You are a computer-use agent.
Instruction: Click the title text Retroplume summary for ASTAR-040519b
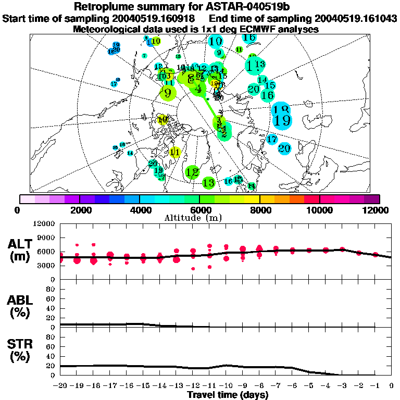pos(200,7)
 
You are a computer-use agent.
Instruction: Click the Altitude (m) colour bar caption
pos(199,218)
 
